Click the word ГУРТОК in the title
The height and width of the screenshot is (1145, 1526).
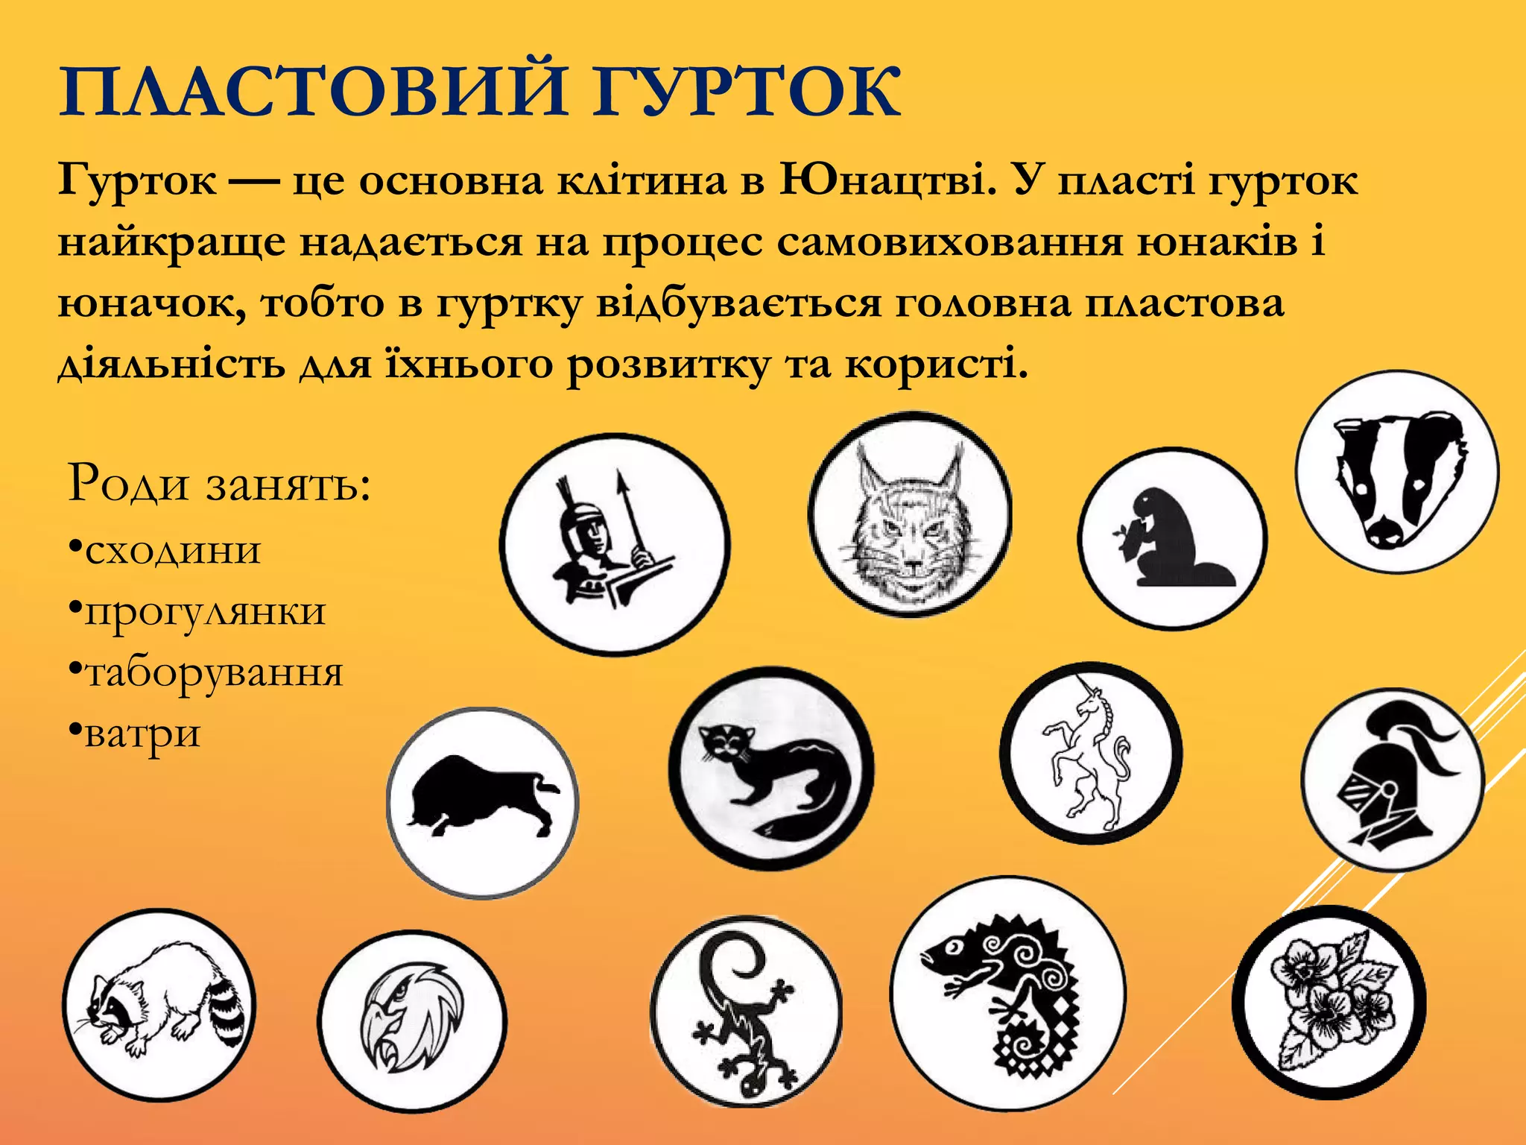pyautogui.click(x=746, y=93)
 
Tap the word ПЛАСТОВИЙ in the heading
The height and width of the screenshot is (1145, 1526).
pyautogui.click(x=313, y=93)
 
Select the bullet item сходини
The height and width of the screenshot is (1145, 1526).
pyautogui.click(x=173, y=552)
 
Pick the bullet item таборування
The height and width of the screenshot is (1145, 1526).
pyautogui.click(x=214, y=673)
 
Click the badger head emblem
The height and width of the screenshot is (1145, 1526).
pyautogui.click(x=1397, y=473)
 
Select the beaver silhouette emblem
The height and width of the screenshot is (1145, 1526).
pyautogui.click(x=1172, y=539)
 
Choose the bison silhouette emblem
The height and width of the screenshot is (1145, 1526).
pyautogui.click(x=483, y=803)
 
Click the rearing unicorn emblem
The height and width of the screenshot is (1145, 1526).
pyautogui.click(x=1090, y=753)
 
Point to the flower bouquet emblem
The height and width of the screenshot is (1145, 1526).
pyautogui.click(x=1331, y=1002)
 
